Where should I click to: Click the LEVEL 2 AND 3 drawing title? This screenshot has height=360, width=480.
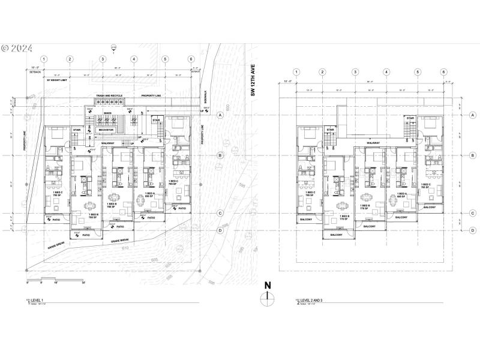[x=313, y=304]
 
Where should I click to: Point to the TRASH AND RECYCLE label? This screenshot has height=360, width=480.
[x=109, y=96]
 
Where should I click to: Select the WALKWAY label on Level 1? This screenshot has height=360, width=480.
[x=108, y=143]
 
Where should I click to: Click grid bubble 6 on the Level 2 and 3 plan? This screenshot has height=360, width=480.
[x=443, y=72]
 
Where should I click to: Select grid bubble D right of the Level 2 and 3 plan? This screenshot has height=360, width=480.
[x=473, y=230]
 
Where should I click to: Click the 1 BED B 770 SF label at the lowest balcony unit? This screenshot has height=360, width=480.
[x=344, y=218]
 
